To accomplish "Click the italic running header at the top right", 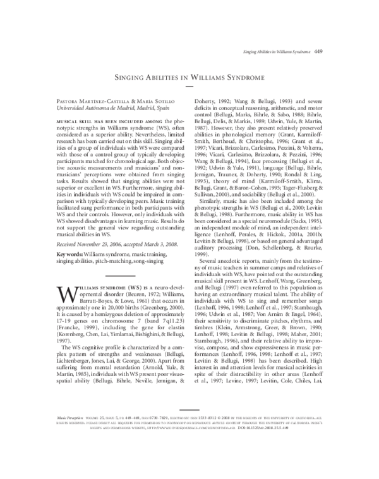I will click(x=277, y=51).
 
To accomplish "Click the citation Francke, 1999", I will click(x=62, y=328).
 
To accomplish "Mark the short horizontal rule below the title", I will click(x=190, y=89).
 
